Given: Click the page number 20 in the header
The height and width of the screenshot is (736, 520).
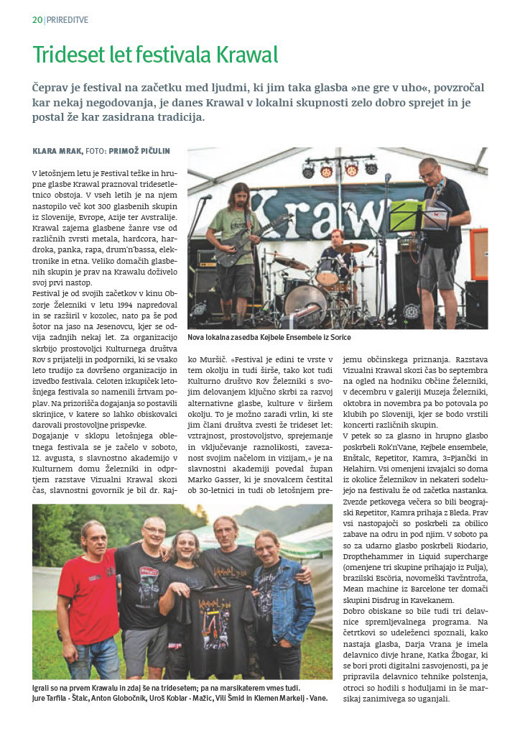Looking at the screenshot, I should coord(37,20).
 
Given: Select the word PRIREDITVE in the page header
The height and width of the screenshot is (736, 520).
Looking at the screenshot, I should coord(68,20).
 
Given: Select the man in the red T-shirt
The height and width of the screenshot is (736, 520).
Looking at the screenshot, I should coord(87,597).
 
